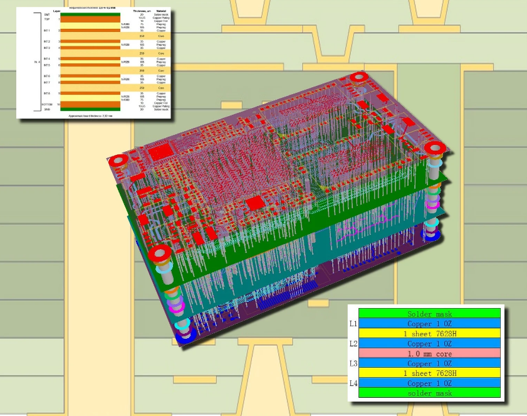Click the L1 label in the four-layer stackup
[353, 324]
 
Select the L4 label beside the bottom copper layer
[353, 382]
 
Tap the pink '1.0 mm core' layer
[429, 353]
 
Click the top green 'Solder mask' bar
[429, 314]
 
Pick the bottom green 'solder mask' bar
[429, 393]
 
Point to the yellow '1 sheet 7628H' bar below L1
[429, 334]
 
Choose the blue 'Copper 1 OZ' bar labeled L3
[429, 363]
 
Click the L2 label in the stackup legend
[353, 343]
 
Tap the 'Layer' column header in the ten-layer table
[56, 11]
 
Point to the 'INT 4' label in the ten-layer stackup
[46, 59]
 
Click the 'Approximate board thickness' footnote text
[90, 115]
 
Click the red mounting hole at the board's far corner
[358, 78]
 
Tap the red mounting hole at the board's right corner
[434, 148]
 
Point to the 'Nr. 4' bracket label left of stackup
[37, 61]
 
